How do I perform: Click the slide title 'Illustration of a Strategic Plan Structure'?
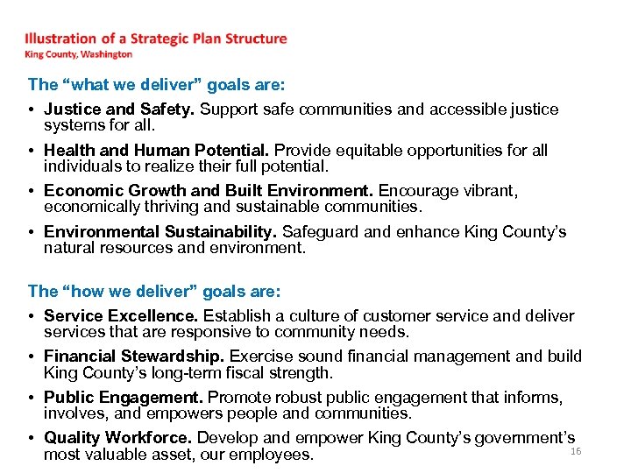pos(156,39)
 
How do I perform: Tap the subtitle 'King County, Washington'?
pos(79,54)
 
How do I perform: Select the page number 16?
pos(576,450)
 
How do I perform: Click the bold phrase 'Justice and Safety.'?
pos(121,109)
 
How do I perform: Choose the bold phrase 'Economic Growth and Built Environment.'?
pos(209,191)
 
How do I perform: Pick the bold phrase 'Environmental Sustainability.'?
pos(160,232)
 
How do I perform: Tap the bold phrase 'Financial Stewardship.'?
pos(134,357)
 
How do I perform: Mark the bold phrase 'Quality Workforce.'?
pos(118,437)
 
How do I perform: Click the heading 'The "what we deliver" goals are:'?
pos(157,85)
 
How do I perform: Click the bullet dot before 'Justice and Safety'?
pos(32,109)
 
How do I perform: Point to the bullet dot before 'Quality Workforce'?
pos(32,437)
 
